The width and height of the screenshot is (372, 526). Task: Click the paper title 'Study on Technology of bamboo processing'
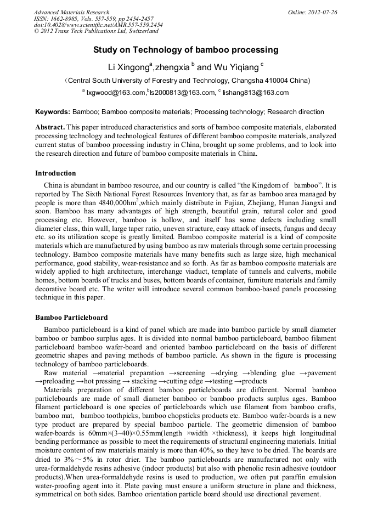[185, 50]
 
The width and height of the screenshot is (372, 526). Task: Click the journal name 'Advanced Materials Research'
[71, 12]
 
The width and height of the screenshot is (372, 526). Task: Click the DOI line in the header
[98, 25]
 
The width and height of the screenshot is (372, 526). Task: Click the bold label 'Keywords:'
[53, 112]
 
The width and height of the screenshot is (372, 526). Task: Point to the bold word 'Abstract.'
[50, 127]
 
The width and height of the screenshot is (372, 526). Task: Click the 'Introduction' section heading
[55, 173]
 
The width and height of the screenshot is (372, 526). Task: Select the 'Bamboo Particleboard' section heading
[71, 318]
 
